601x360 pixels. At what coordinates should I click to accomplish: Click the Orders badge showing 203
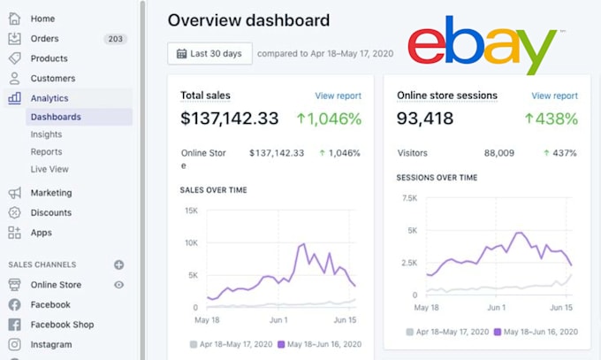(115, 39)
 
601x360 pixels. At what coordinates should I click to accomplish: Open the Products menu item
(49, 58)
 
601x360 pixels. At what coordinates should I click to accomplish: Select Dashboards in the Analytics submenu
(56, 117)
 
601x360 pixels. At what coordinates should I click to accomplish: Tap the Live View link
(49, 169)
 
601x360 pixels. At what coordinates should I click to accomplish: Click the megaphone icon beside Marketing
(14, 193)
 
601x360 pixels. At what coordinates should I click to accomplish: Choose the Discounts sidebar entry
(51, 212)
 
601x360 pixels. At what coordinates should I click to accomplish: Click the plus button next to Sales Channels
(118, 264)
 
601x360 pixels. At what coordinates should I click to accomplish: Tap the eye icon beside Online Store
(118, 285)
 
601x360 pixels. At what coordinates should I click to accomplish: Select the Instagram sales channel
(51, 344)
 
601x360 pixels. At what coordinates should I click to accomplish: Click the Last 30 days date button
(209, 53)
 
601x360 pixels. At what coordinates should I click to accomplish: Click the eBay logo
(483, 44)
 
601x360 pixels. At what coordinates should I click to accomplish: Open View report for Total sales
(338, 96)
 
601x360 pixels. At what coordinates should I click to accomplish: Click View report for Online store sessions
(554, 96)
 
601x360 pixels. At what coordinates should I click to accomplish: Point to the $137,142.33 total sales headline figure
(229, 119)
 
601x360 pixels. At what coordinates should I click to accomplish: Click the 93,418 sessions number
(425, 119)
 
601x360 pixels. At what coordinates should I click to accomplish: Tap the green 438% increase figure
(552, 119)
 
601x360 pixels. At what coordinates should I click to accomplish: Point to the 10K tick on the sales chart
(191, 242)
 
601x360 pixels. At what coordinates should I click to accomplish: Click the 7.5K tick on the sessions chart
(409, 198)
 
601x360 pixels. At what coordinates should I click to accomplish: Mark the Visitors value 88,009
(498, 153)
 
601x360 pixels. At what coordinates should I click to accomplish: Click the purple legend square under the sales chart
(281, 344)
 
